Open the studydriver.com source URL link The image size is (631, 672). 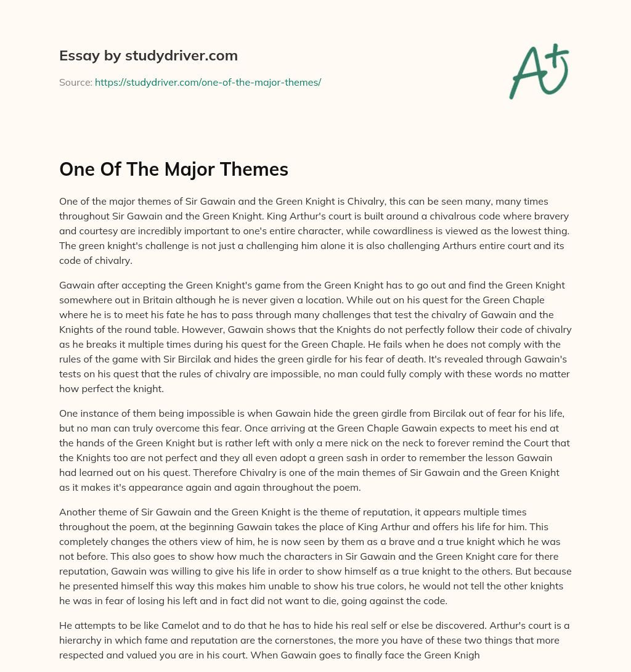click(x=208, y=82)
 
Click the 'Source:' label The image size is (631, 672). click(x=75, y=82)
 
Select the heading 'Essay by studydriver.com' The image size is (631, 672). click(x=148, y=55)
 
